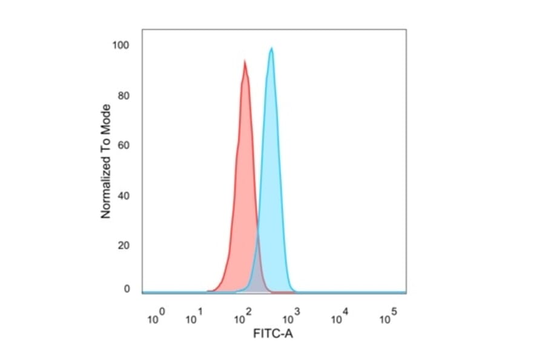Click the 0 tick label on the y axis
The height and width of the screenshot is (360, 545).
tap(127, 289)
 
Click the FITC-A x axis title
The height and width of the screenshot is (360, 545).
tap(273, 334)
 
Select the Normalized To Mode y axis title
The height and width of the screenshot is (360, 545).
tap(106, 161)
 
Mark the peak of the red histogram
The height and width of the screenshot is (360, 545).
tap(245, 61)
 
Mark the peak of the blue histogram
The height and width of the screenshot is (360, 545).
tap(271, 48)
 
